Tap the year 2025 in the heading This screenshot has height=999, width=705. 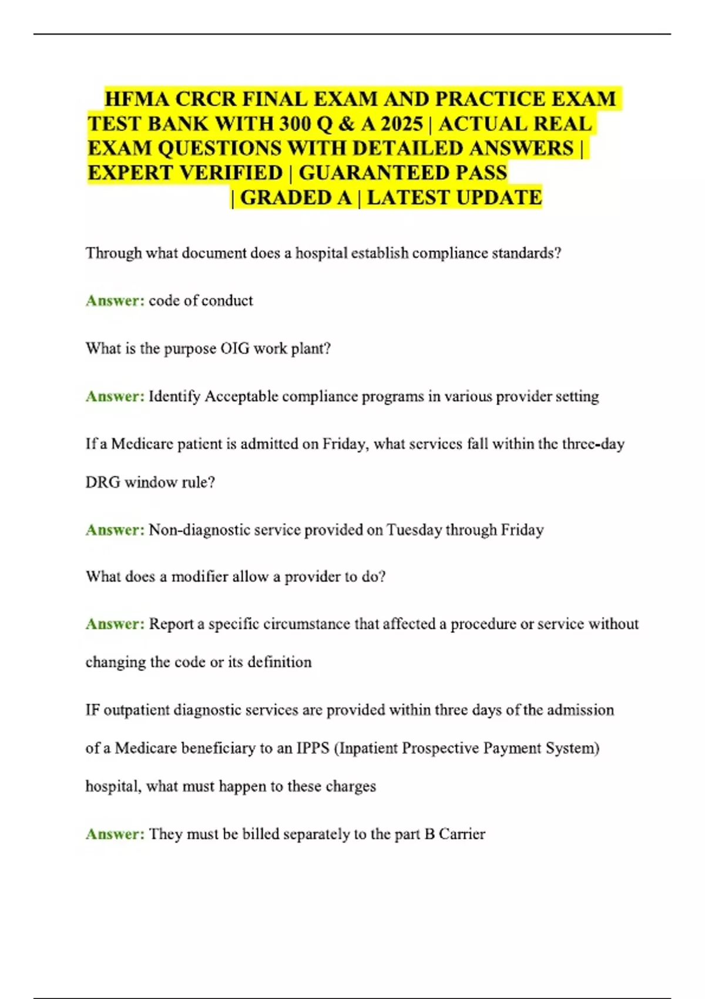tap(401, 124)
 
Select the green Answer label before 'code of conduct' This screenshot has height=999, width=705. tap(115, 300)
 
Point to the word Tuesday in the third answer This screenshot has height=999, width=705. tap(414, 529)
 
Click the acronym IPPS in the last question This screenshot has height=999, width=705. tap(313, 748)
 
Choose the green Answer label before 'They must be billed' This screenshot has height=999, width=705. tap(115, 834)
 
